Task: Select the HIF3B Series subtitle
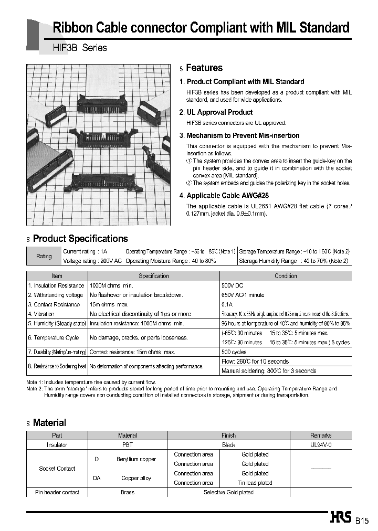pos(80,48)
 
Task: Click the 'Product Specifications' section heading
pos(80,239)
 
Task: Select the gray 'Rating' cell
pos(44,256)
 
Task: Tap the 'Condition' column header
pos(286,276)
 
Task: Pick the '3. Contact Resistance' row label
pos(54,304)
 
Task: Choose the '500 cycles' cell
pos(234,352)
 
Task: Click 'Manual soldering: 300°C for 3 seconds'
pos(269,371)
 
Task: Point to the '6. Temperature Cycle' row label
pos(53,338)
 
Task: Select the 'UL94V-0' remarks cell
pos(321,445)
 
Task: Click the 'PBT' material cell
pos(128,445)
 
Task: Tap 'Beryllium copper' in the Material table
pos(136,459)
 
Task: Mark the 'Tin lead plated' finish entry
pos(255,483)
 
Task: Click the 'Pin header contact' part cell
pos(57,492)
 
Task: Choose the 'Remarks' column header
pos(321,436)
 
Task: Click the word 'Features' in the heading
pos(204,68)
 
